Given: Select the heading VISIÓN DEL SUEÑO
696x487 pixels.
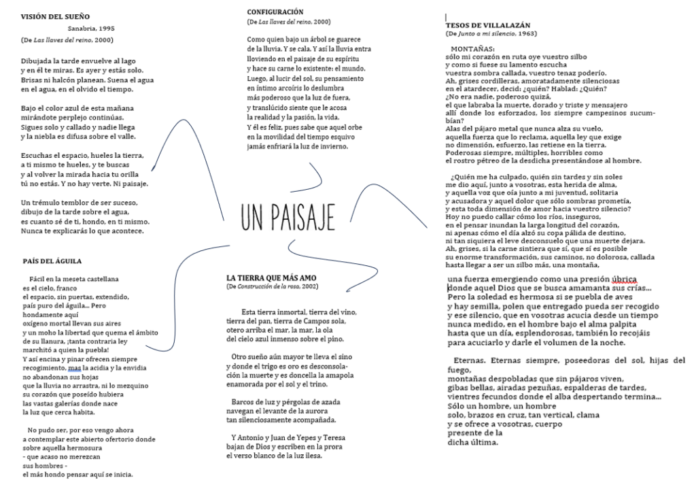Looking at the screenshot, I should pos(55,15).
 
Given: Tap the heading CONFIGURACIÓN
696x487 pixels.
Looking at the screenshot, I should pos(275,12).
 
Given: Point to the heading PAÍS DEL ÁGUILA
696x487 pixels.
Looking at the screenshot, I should pos(52,261).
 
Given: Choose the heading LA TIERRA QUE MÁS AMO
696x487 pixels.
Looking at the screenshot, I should pos(271,278).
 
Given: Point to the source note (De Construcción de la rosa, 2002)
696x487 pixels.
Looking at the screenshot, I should pos(272,286).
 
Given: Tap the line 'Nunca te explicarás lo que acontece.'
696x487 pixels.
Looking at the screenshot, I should pos(82,231).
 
